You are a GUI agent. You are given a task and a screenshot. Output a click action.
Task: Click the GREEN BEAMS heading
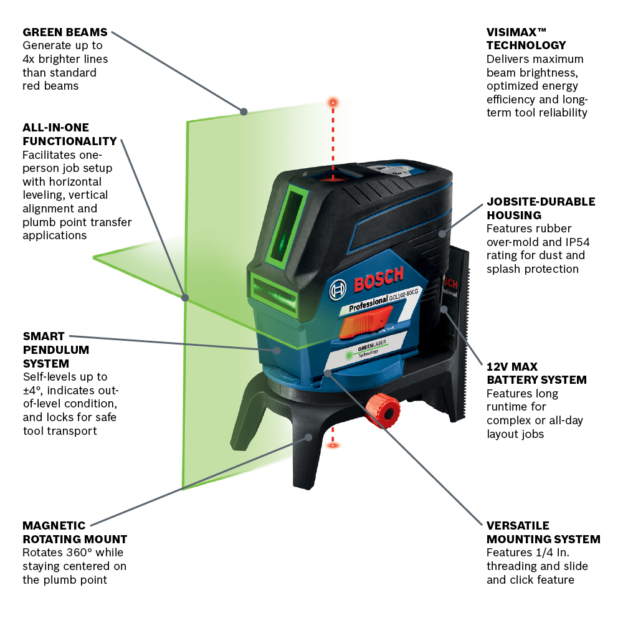click(65, 32)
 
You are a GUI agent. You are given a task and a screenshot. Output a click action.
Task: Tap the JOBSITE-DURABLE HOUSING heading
click(541, 208)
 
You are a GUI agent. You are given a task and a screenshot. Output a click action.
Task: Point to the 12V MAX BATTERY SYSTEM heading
click(536, 373)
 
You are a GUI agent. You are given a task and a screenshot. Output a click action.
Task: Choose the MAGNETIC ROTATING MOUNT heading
click(75, 532)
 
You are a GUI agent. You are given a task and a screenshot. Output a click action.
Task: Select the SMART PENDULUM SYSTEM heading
click(56, 350)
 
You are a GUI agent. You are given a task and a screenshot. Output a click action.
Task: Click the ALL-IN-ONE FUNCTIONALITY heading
click(70, 134)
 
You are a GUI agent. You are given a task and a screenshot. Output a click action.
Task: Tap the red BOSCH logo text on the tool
click(379, 280)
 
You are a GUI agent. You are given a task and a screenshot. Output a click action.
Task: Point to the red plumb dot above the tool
click(333, 101)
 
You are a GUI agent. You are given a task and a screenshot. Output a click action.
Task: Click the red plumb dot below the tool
click(333, 445)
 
